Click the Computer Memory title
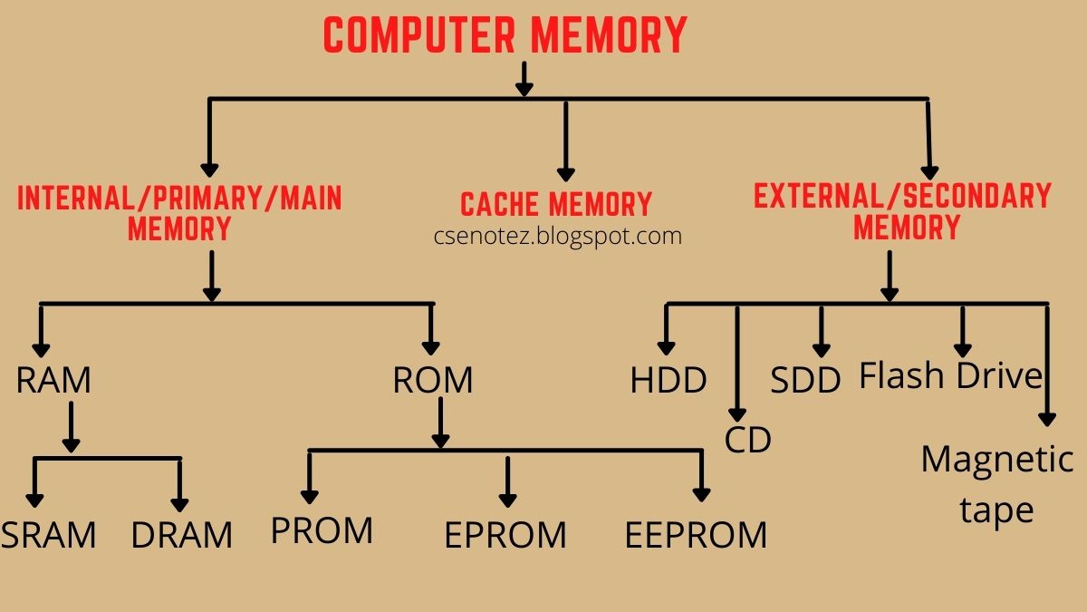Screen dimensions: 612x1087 [505, 36]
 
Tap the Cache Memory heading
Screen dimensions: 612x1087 [556, 204]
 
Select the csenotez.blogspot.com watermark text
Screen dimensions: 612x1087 [556, 237]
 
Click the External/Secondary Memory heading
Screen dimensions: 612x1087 [902, 210]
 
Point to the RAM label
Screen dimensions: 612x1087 [53, 380]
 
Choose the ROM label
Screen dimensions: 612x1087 [432, 380]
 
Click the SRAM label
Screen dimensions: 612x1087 [48, 535]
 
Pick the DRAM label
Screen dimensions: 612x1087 [181, 535]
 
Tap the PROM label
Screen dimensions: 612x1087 [322, 530]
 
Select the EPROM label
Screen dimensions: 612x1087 [505, 535]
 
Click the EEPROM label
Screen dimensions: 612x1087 [696, 535]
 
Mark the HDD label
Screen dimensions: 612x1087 [669, 380]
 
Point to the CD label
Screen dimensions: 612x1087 [747, 440]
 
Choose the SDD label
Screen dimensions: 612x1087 [805, 380]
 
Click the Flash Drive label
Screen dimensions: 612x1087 [951, 375]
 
